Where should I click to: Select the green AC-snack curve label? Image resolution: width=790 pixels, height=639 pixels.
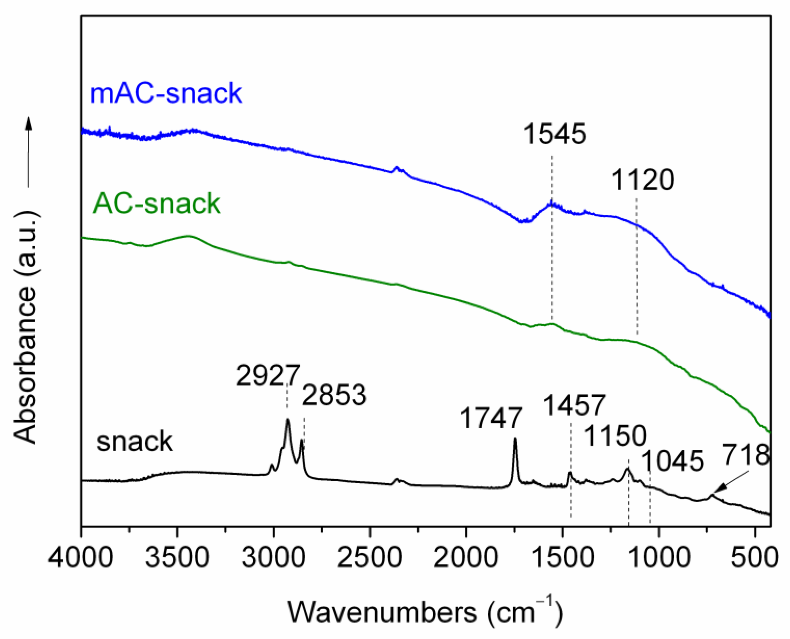[156, 203]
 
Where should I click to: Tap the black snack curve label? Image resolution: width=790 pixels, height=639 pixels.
[134, 441]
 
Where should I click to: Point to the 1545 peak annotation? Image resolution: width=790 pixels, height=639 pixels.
[554, 134]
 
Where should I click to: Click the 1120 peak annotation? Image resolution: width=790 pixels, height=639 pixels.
[643, 180]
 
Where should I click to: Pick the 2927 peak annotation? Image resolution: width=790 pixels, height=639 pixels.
[268, 376]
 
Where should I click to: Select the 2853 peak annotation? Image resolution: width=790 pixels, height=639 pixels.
[334, 395]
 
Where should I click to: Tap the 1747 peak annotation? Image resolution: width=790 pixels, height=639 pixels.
[491, 419]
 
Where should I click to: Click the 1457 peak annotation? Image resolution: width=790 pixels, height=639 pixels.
[575, 405]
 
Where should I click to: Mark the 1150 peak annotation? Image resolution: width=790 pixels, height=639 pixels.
[615, 436]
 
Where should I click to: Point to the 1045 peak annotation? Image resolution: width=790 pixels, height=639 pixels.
[673, 461]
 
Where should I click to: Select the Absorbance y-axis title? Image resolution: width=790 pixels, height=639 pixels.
[25, 328]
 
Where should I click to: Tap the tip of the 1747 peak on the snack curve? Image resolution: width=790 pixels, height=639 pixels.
[515, 439]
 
